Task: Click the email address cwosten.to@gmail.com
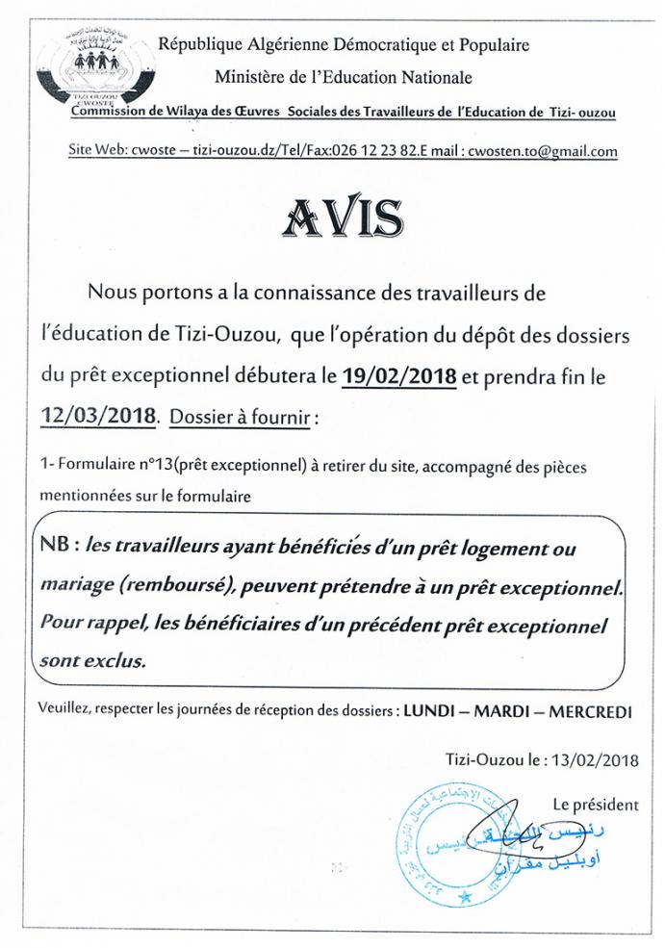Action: [x=542, y=151]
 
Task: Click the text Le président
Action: [x=595, y=804]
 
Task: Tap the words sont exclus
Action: [x=93, y=661]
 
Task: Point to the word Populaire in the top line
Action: [x=495, y=44]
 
